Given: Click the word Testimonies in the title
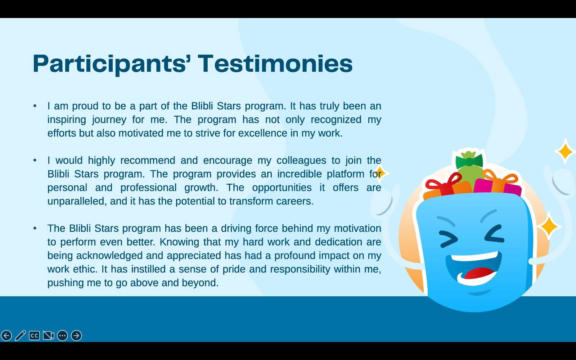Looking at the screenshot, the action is point(275,63).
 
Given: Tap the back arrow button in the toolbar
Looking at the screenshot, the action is point(6,336).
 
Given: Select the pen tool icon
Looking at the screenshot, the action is point(20,336).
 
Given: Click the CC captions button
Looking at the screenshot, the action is point(34,336).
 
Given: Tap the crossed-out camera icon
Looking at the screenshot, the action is point(48,336).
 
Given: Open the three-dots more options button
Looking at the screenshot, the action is point(62,336).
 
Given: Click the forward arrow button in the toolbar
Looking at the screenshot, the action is point(76,336).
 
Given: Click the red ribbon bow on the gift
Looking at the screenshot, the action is point(444,183).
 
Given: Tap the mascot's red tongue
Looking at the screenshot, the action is point(479,274).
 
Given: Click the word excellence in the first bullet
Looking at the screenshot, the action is point(262,133).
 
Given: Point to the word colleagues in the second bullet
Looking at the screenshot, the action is point(301,161).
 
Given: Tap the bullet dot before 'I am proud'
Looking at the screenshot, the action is point(35,106).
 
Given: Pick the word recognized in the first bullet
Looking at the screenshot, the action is point(336,120).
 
